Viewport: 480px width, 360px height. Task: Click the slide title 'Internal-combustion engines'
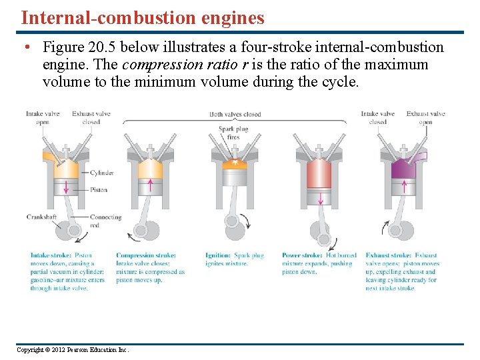(142, 17)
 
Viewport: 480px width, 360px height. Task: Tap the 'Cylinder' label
(101, 173)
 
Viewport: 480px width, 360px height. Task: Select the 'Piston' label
(99, 190)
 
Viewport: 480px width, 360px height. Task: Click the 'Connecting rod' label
(105, 221)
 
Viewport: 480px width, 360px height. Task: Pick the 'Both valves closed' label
(235, 115)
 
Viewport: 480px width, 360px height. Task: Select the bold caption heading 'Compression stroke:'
(146, 255)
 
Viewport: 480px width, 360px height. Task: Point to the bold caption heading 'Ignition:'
(218, 255)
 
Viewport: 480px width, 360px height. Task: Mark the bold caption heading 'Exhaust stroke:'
(388, 255)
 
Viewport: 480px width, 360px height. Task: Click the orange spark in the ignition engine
(233, 162)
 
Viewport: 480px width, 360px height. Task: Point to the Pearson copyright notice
(73, 350)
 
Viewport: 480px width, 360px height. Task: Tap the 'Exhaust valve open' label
(426, 118)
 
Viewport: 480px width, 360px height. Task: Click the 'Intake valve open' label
(43, 118)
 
